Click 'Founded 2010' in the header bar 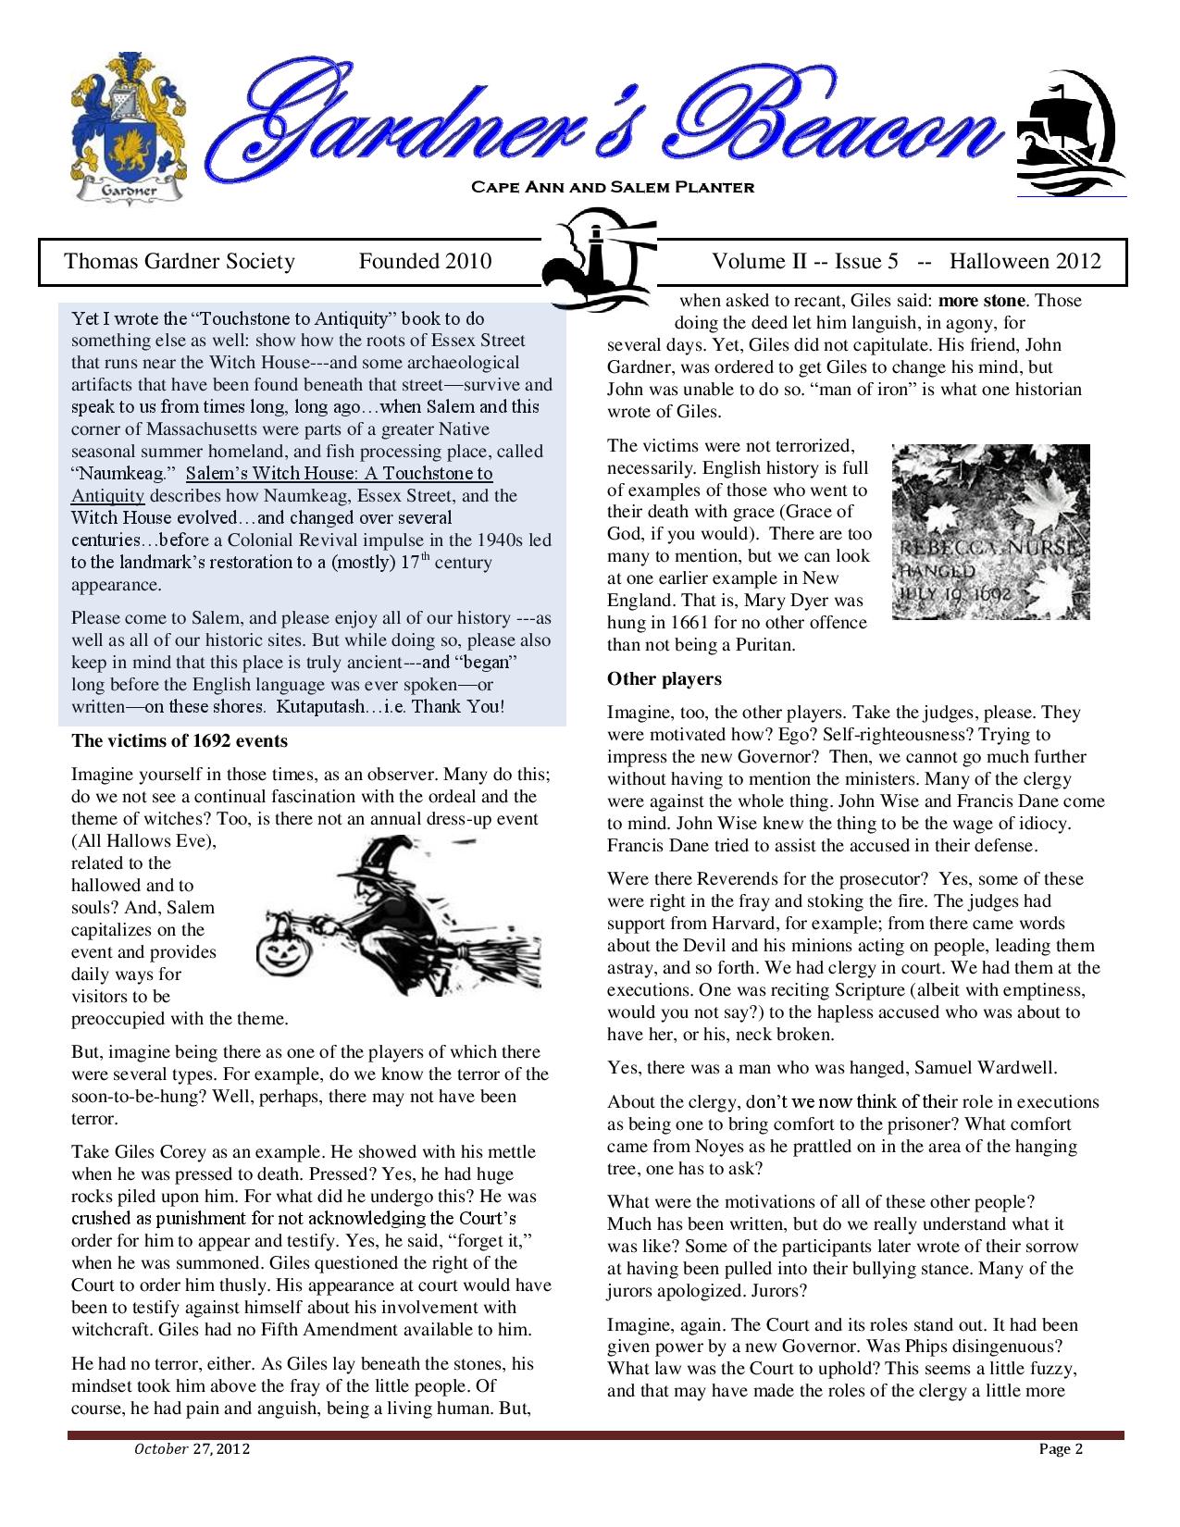(425, 262)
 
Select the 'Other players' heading (664, 679)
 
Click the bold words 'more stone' (982, 301)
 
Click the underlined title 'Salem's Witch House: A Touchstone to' (339, 474)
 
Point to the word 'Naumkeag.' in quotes (118, 474)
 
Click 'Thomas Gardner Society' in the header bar (180, 262)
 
